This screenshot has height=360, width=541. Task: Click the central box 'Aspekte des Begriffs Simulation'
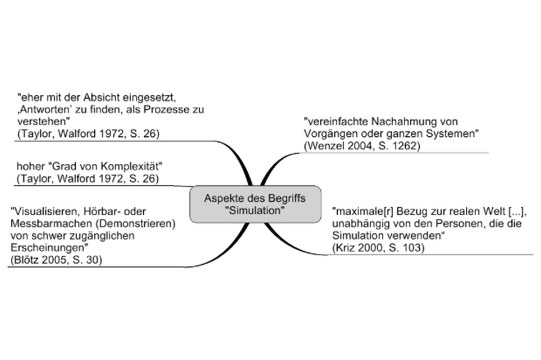pos(255,204)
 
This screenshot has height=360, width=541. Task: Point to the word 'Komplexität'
pos(131,167)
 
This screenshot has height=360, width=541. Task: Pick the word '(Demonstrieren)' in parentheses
pos(136,224)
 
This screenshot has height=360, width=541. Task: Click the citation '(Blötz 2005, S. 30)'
pos(56,260)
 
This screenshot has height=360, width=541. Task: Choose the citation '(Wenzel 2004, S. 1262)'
pos(362,146)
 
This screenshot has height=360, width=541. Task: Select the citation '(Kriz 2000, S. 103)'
pos(378,248)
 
